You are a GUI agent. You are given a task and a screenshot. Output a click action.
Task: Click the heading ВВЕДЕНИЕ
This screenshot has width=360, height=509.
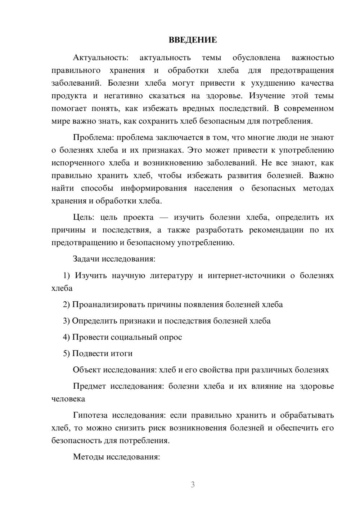[x=193, y=40]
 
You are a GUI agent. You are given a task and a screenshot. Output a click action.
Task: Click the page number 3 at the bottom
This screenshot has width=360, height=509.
[x=193, y=485]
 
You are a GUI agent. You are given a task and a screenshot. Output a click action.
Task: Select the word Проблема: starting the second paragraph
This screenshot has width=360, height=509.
[x=94, y=138]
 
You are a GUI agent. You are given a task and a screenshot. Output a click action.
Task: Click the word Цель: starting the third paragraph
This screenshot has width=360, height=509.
[x=84, y=217]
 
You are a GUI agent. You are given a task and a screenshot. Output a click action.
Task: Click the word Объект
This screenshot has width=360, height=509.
[x=87, y=370]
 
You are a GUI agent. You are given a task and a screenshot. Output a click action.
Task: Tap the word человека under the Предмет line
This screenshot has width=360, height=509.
[x=68, y=399]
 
